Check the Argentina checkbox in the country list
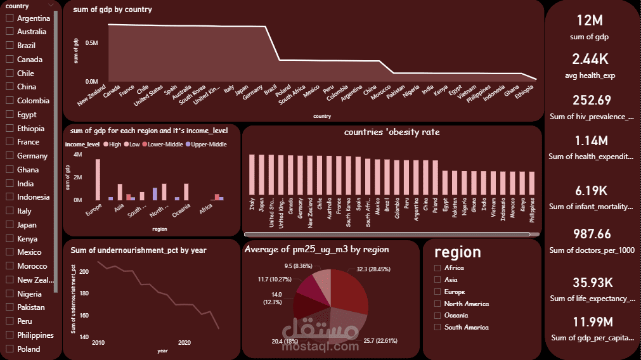coord(10,18)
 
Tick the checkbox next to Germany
coord(10,156)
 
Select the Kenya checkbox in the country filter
coord(10,239)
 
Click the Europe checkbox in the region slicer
coord(437,292)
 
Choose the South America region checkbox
coord(437,328)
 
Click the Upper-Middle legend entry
coord(206,145)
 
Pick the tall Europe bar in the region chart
coord(98,179)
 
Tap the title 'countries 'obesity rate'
coord(392,132)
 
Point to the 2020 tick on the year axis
coord(184,343)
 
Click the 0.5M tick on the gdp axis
coord(91,43)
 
